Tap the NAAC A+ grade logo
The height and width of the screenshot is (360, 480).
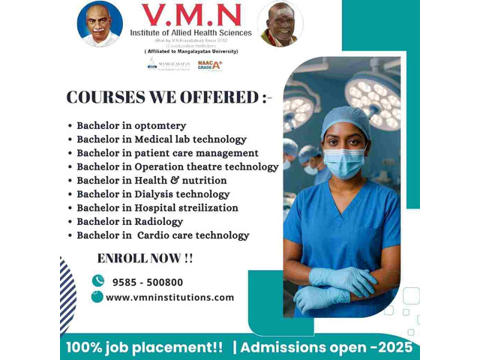(x=210, y=65)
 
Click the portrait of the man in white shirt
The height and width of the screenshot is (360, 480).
(x=100, y=23)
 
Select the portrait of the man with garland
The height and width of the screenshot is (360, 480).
(x=280, y=24)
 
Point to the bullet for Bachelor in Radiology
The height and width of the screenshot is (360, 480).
(x=70, y=222)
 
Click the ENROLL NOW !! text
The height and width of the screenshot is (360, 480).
(x=145, y=259)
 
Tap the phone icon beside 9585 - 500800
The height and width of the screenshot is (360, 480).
(x=97, y=280)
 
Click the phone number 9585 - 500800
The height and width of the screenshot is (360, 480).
(x=147, y=282)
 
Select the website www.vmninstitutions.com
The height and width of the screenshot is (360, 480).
(x=169, y=297)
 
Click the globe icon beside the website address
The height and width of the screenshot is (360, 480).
(x=97, y=296)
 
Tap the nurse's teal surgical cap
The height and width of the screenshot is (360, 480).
(x=346, y=119)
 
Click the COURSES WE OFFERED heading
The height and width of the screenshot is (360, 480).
(x=169, y=98)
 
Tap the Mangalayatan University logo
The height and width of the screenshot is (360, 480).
(x=168, y=64)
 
